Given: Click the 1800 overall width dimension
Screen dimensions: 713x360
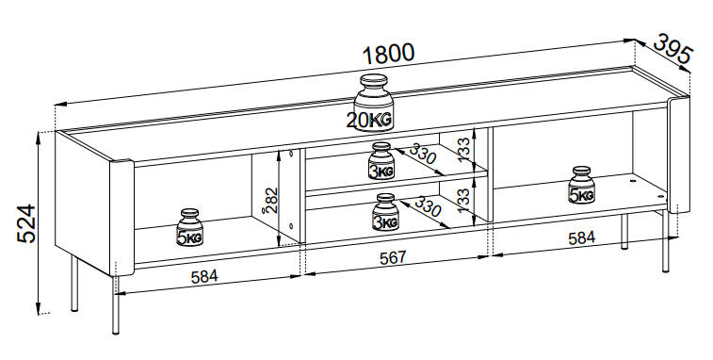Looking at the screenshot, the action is coord(389,54).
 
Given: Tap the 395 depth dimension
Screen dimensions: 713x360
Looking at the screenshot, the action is coord(673,49).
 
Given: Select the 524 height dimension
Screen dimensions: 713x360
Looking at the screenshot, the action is coord(26,223).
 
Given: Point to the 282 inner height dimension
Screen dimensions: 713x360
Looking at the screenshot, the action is coord(271,200).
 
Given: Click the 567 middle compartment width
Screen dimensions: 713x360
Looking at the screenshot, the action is coord(393,257).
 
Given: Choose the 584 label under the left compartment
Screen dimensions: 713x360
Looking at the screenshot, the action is coord(204,277).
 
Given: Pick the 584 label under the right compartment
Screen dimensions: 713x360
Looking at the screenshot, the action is coord(581,237).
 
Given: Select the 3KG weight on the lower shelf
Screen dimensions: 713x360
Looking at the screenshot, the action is coord(384,212).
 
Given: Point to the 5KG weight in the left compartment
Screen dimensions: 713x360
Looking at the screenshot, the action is coord(189,227).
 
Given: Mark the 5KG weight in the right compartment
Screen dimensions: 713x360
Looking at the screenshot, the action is coord(581,186).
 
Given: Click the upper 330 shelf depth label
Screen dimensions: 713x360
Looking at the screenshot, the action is coord(423,154).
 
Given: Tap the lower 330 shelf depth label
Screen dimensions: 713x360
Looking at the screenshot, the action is coord(428,206).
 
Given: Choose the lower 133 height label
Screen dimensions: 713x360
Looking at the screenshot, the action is coord(462,201).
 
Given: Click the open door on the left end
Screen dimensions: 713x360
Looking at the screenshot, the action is coord(122,218).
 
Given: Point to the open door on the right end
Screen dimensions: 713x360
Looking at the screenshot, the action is coord(679,155).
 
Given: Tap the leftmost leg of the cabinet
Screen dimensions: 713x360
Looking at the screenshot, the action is coord(74,283).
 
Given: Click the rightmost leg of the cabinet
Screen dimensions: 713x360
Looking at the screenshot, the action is coord(666,240).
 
